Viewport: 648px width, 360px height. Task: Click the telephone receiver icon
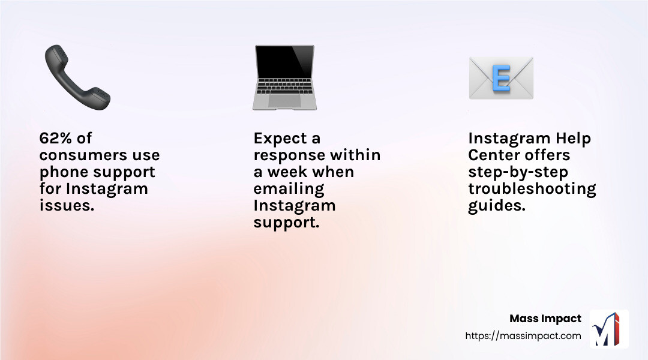coord(77,78)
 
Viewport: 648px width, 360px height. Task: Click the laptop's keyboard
coord(284,92)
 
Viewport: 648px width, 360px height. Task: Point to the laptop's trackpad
coord(284,101)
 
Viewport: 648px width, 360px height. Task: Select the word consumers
coord(77,155)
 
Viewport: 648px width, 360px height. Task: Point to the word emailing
coord(289,189)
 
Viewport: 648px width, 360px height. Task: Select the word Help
coord(572,139)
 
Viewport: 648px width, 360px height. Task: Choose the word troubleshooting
coord(532,189)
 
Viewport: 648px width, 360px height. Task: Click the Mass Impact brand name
coord(545,319)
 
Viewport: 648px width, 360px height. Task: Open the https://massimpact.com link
coord(523,336)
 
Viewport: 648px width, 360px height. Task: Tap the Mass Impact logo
coord(609,329)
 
